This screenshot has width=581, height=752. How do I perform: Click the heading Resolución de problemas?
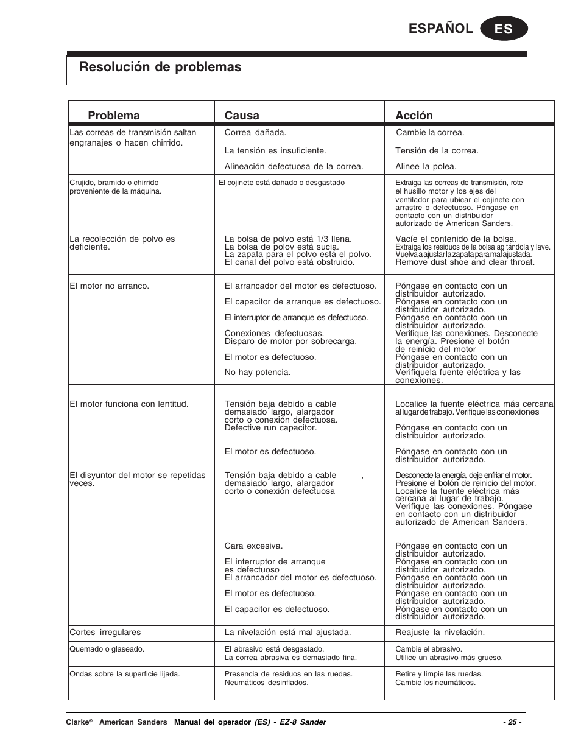(160, 67)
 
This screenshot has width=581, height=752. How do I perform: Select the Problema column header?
(113, 116)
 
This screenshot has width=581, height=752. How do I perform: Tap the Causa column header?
(242, 116)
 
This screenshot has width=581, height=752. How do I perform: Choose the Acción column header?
(414, 116)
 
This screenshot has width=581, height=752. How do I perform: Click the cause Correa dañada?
(255, 132)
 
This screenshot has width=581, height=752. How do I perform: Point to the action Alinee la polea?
(426, 166)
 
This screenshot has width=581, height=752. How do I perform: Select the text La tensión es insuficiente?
(275, 150)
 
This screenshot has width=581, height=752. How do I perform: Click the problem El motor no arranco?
(109, 286)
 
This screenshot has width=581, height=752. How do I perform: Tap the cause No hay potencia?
(257, 372)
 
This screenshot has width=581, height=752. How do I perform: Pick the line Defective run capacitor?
(270, 427)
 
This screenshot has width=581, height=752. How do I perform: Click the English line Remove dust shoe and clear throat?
(465, 262)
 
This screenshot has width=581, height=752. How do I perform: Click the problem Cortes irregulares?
(105, 632)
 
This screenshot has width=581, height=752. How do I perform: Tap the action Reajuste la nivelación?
(440, 632)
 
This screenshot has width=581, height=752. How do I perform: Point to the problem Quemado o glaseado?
(107, 649)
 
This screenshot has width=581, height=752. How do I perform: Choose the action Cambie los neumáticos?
(435, 683)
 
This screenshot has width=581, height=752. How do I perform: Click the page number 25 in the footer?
(512, 722)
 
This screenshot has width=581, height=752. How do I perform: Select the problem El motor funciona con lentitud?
(129, 404)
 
